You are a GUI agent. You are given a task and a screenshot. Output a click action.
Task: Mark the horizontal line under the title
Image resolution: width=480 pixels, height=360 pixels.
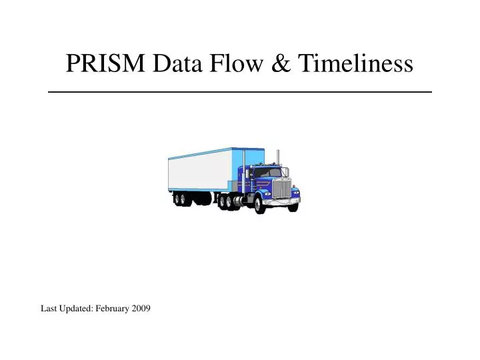click(x=240, y=91)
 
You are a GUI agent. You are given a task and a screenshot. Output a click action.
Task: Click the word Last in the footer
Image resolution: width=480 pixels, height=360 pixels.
click(x=49, y=308)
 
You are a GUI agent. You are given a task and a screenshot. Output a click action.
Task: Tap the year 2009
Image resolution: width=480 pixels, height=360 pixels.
click(x=141, y=308)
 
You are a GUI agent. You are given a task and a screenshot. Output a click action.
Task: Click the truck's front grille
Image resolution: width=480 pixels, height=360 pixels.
click(x=283, y=189)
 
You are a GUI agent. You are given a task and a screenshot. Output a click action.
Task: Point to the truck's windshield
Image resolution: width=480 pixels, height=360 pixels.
click(x=265, y=173)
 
